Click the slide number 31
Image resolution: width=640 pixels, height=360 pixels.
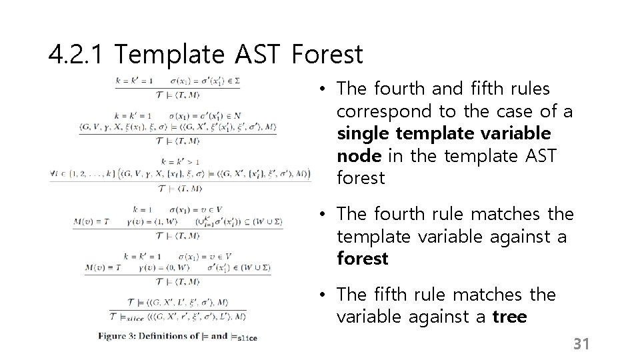[x=582, y=344]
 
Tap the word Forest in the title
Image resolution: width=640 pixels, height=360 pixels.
[x=327, y=55]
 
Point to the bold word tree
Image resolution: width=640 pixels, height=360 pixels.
[x=509, y=317]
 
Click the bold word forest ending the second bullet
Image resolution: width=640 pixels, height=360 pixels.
[x=363, y=259]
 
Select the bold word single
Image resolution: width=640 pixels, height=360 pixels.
[x=363, y=133]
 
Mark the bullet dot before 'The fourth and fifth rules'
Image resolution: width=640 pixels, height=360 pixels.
[x=321, y=89]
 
